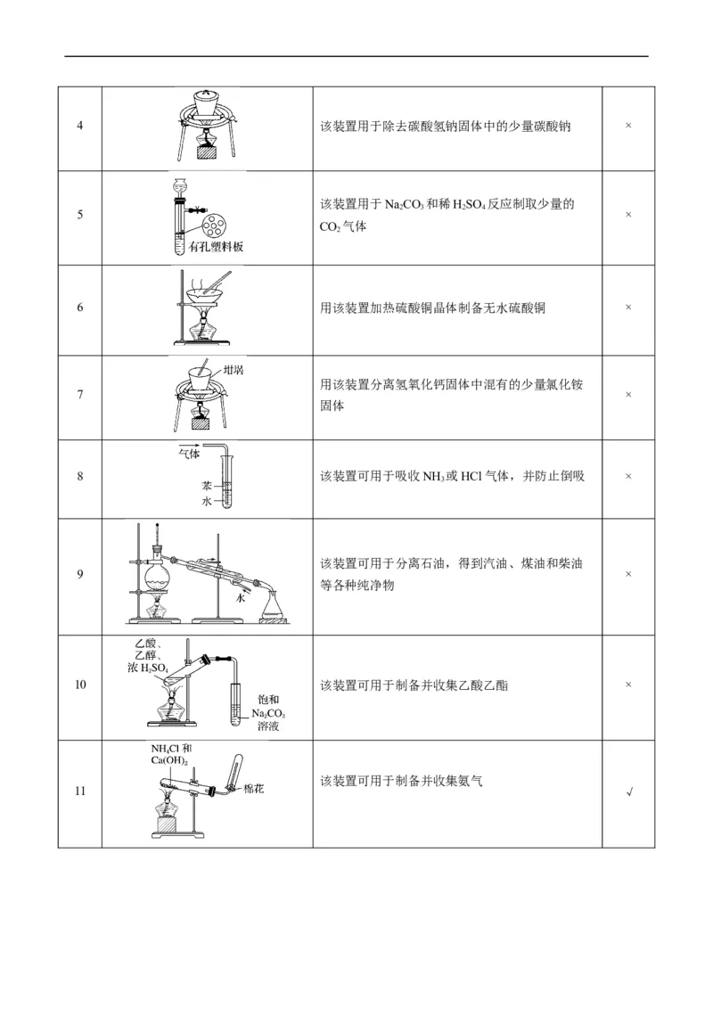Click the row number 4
[80, 126]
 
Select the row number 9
[80, 574]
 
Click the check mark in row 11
[629, 793]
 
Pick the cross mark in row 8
[628, 477]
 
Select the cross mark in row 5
[628, 215]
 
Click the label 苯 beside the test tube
[206, 487]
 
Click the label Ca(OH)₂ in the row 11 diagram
[168, 759]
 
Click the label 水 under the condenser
[240, 600]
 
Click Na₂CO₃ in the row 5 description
[401, 205]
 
